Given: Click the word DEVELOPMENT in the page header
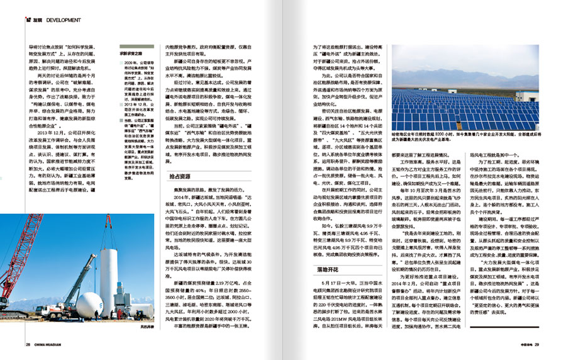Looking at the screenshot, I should (64, 20).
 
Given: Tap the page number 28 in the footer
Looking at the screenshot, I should (28, 344).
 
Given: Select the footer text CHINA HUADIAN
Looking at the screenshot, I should (48, 344).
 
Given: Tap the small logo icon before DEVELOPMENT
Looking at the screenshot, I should (28, 20).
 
